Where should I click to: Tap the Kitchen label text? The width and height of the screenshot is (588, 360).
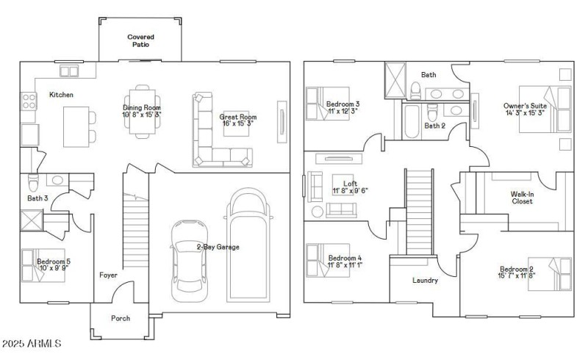61,95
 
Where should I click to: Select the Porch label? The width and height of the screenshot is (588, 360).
121,318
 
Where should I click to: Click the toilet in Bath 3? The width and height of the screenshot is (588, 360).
33,181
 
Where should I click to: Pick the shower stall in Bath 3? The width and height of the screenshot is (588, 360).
32,221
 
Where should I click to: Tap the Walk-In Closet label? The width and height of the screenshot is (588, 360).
522,198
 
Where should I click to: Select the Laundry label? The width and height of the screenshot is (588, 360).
425,280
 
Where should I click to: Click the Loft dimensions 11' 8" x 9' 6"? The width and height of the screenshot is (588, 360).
351,190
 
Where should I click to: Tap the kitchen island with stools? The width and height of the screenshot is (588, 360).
76,125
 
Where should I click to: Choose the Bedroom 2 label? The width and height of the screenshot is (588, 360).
517,269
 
